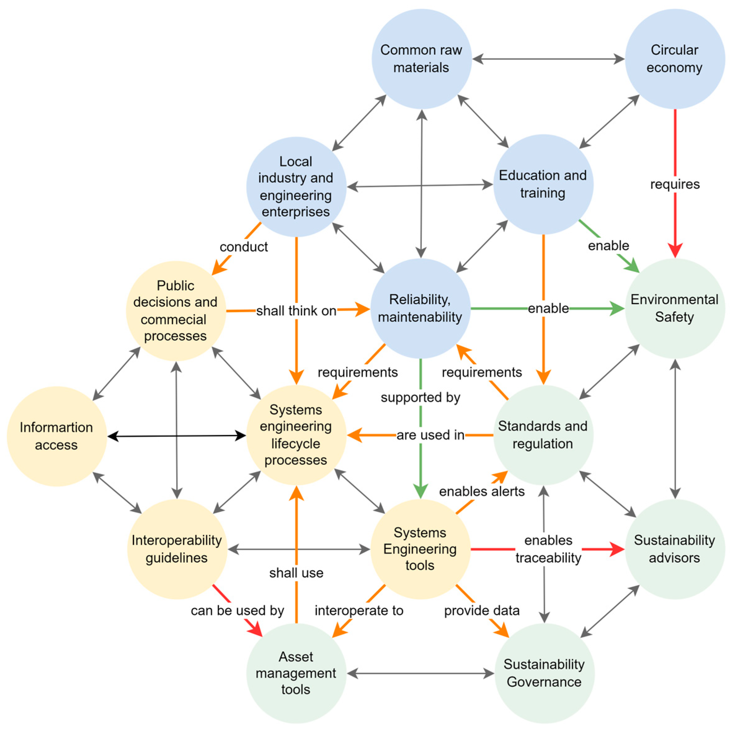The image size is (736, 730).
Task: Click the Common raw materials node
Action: [x=421, y=59]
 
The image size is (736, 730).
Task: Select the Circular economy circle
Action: [x=675, y=59]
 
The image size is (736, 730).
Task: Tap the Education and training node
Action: [x=543, y=184]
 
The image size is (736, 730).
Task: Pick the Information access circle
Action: [x=56, y=436]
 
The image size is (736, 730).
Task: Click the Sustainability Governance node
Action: [x=544, y=673]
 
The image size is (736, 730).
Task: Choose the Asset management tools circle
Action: [x=296, y=673]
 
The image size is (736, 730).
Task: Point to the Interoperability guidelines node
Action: [x=177, y=549]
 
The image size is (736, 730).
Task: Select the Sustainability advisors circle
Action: [x=675, y=549]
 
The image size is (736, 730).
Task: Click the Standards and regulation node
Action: [x=543, y=435]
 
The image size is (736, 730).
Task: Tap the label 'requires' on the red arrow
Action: [x=675, y=184]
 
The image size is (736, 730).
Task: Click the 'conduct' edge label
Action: [x=244, y=247]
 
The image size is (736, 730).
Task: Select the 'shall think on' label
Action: [x=296, y=311]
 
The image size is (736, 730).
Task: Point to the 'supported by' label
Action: [x=421, y=397]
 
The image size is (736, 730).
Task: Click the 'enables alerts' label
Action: [x=481, y=491]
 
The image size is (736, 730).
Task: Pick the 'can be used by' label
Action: [x=237, y=610]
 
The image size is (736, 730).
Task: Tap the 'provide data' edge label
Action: [x=481, y=610]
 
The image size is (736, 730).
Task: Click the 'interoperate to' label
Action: [x=359, y=610]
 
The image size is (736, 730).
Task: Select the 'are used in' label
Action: [x=431, y=435]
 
